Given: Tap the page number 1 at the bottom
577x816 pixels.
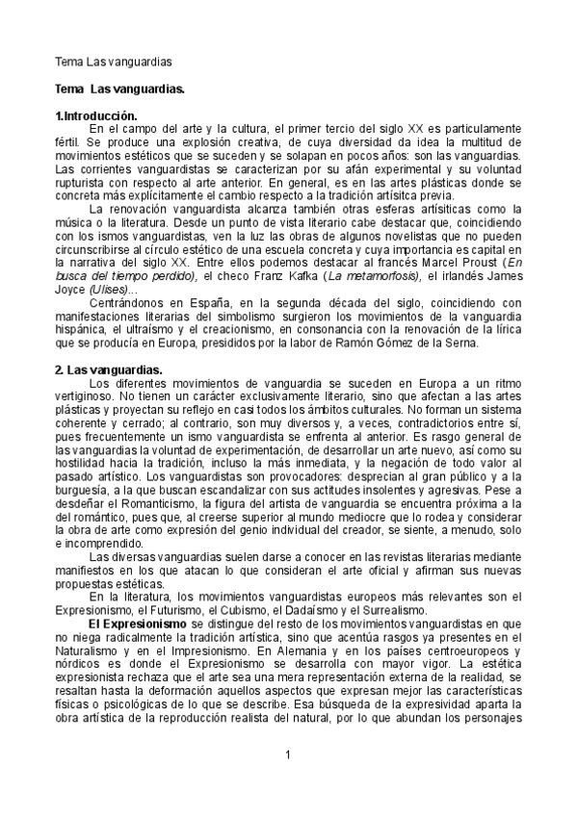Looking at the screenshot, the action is pos(288,752).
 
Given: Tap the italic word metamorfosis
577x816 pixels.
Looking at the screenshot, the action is pos(372,276).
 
